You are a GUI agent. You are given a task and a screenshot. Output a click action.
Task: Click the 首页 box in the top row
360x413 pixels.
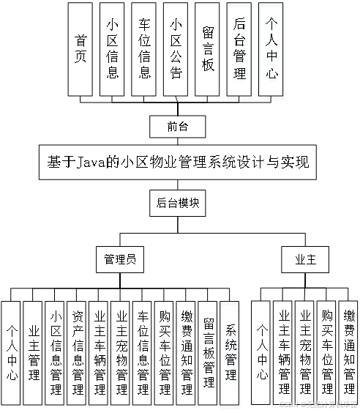[x=80, y=49]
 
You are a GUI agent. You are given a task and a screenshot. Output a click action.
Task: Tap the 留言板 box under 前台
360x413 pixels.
[x=209, y=49]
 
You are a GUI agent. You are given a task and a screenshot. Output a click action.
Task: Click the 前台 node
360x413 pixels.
[x=178, y=127]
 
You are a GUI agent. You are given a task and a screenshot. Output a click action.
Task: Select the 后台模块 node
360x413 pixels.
[x=178, y=204]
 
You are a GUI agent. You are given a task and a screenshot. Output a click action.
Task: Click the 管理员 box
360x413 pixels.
[x=120, y=259]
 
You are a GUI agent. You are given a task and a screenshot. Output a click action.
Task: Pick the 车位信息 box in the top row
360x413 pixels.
[x=144, y=49]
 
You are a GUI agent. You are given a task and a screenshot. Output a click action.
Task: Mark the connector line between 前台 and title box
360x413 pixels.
[x=178, y=141]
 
